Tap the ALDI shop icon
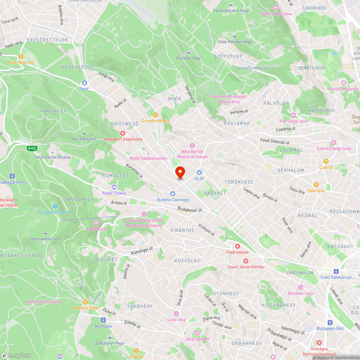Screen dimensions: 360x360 [199, 172]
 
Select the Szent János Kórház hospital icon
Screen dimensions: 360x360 [246, 261]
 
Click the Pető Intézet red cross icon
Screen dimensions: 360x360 [238, 246]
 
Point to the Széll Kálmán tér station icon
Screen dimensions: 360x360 [336, 271]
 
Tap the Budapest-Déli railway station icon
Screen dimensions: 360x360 [330, 322]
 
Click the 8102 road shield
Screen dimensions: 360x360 [31, 148]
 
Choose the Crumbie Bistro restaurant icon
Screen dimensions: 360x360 [156, 114]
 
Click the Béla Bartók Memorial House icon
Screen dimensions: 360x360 [192, 145]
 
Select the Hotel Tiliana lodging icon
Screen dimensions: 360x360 [114, 187]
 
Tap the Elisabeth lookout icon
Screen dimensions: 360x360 [55, 206]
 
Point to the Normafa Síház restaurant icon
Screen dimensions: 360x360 [85, 302]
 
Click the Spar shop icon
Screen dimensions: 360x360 [84, 82]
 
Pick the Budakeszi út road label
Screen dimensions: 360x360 [190, 209]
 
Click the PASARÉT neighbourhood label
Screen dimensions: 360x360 [215, 193]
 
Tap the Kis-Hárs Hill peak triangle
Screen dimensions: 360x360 [84, 133]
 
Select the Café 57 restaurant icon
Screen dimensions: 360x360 [326, 161]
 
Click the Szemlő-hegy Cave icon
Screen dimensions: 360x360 [333, 143]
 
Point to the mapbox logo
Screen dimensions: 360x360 [16, 355]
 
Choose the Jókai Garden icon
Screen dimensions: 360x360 [197, 333]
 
